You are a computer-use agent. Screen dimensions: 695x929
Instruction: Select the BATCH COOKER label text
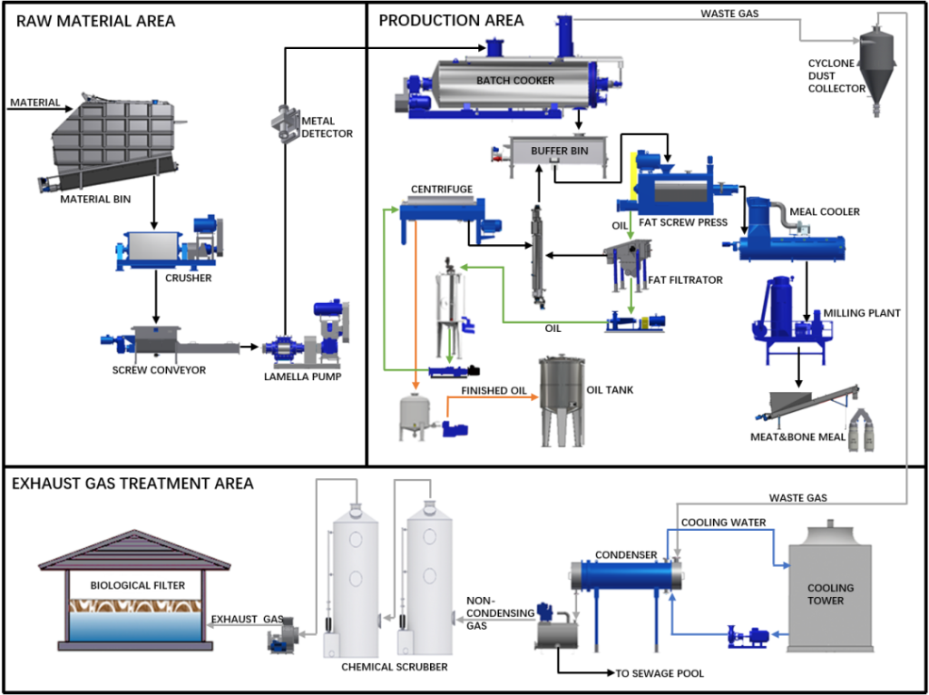point(515,81)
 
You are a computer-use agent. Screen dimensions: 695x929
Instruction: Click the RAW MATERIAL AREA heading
point(95,20)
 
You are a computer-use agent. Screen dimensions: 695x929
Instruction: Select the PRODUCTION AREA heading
point(451,20)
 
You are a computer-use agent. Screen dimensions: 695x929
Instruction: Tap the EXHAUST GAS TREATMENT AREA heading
point(132,484)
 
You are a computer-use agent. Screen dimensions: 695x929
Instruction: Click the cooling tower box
point(828,595)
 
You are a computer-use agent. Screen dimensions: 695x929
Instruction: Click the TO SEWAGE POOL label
point(661,673)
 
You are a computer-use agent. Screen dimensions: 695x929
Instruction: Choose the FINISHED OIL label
point(494,391)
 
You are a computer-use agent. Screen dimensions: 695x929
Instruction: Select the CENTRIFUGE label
point(442,189)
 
